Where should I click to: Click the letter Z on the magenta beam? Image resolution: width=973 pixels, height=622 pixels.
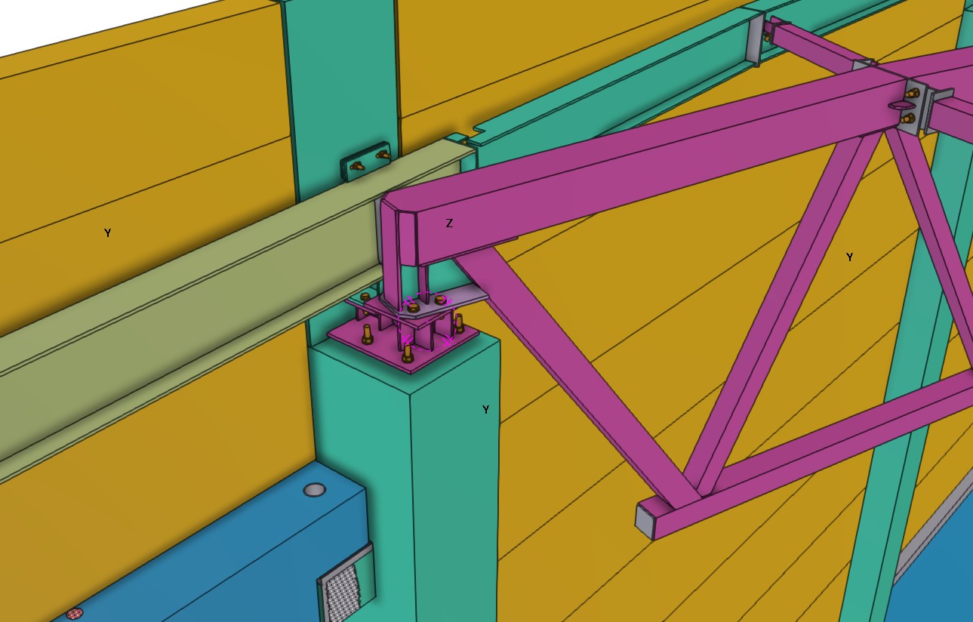(x=449, y=223)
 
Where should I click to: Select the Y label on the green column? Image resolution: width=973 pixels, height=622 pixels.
(x=485, y=409)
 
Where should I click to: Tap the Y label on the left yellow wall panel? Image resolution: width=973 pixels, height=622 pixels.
(x=108, y=232)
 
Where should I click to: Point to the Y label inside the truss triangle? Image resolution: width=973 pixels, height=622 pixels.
(x=850, y=257)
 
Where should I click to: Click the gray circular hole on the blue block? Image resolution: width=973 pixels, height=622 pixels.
(x=315, y=490)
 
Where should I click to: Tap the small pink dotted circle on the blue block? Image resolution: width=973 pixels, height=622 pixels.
(x=74, y=614)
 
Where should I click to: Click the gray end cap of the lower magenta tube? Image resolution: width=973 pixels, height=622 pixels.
(x=645, y=521)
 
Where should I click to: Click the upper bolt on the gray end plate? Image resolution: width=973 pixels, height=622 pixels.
(x=912, y=93)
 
